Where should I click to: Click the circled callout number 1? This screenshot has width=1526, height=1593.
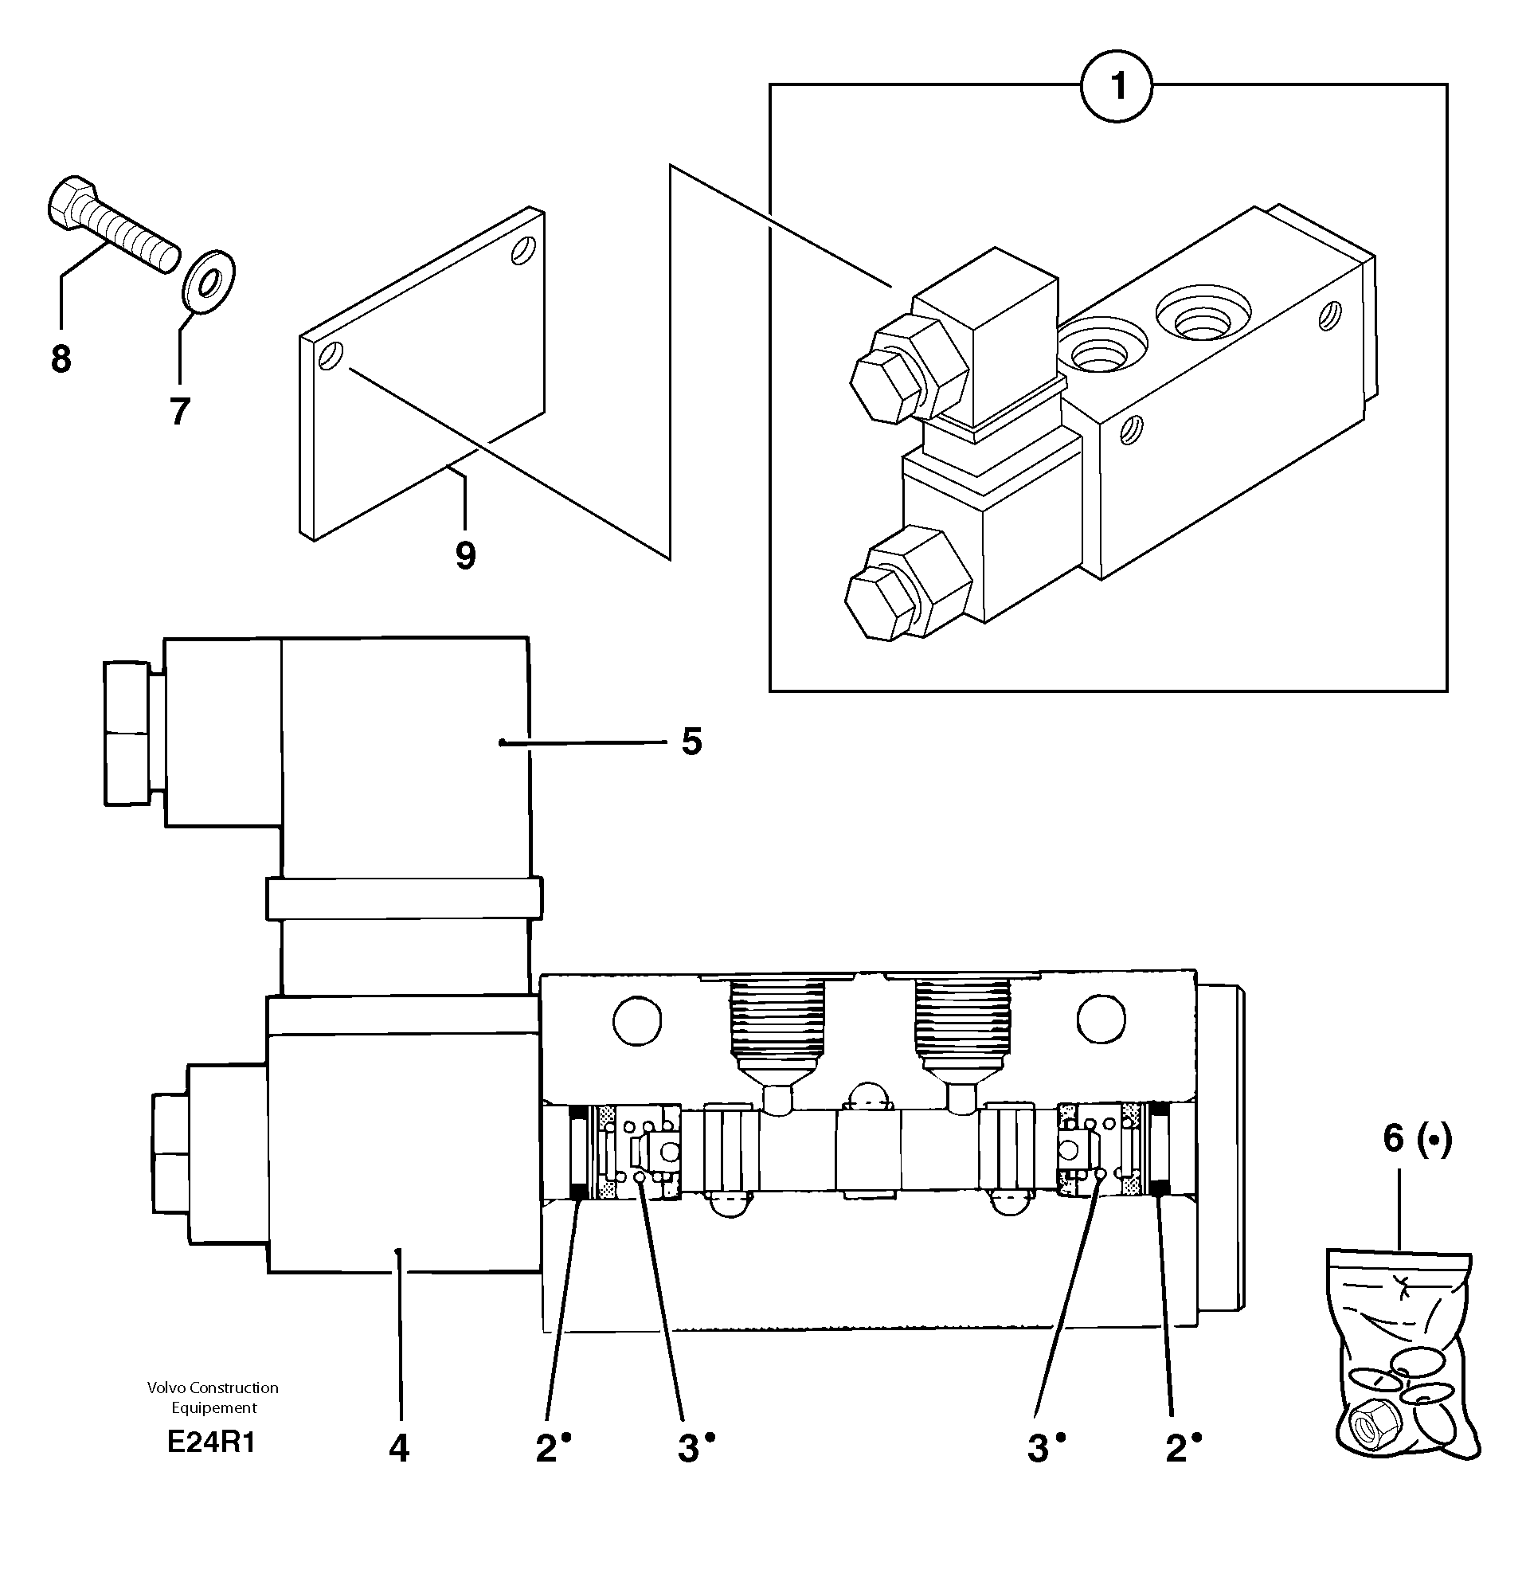coord(1117,87)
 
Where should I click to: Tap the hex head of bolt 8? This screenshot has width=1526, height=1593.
coord(68,201)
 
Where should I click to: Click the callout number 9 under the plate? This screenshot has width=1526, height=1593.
coord(465,556)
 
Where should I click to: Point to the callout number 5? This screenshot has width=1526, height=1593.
coord(691,742)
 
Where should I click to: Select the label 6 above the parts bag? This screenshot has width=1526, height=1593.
coord(1394,1139)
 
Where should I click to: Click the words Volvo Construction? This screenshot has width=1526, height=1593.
coord(213,1388)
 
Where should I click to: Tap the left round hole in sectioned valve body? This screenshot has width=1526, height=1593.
coord(636,1020)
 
